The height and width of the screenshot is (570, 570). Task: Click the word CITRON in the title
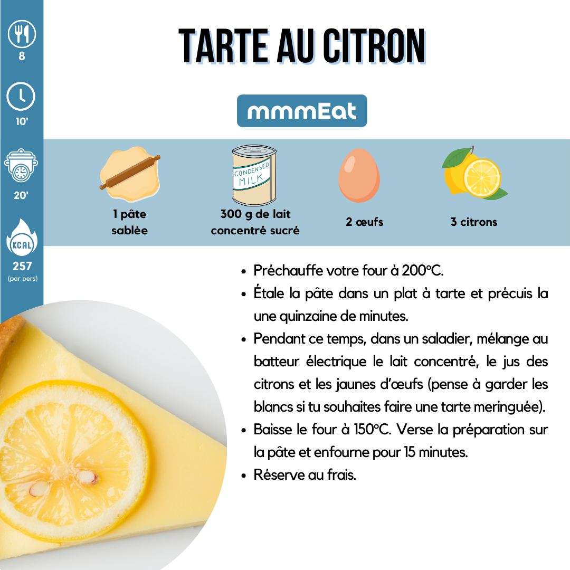(374, 46)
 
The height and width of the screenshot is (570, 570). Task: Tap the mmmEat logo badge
(302, 111)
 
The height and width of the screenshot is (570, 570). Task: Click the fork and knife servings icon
(22, 34)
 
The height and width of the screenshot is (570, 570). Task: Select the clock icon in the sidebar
(21, 97)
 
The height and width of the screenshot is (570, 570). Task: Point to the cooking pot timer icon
(21, 165)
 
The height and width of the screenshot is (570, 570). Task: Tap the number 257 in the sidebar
(22, 266)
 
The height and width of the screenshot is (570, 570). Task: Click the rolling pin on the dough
(130, 172)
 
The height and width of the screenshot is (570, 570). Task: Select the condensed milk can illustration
(254, 175)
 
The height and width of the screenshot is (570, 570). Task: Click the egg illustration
(359, 175)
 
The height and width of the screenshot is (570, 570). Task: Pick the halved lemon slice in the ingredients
(482, 178)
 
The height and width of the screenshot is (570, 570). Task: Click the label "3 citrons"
(473, 222)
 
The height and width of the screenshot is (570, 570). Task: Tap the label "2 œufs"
(365, 222)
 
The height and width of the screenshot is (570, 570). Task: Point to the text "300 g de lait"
(255, 214)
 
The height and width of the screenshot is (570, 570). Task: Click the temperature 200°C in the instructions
(422, 270)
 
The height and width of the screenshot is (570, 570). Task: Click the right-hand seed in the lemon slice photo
(86, 476)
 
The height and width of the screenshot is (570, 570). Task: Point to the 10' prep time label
(22, 121)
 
